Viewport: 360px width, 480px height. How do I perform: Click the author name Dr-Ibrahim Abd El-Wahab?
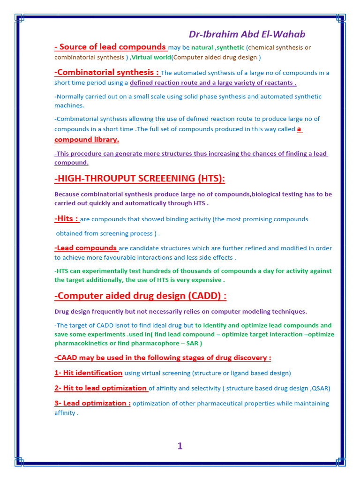coord(247,34)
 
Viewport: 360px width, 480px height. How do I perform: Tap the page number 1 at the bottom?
coord(180,446)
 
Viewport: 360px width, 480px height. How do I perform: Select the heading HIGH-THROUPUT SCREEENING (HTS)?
coord(140,178)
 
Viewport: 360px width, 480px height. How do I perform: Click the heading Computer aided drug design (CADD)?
coord(141,296)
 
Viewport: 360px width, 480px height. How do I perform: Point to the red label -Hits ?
coord(67,218)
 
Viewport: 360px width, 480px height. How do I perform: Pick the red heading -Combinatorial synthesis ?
coord(107,72)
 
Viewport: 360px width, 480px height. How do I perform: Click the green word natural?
coord(202,47)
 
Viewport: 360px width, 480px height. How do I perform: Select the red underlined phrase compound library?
coord(87,139)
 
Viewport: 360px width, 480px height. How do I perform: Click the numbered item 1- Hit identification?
coord(89,373)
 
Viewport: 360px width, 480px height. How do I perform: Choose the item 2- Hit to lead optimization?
coord(101,388)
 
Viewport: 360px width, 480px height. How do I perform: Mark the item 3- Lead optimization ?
coord(92,403)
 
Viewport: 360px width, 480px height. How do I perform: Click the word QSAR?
coord(321,388)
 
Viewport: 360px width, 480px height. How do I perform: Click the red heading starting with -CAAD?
coord(163,358)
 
